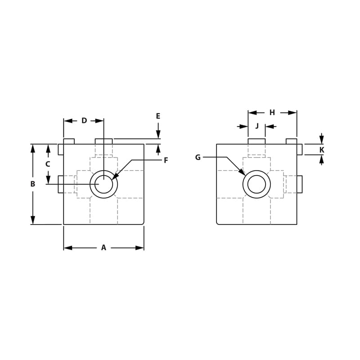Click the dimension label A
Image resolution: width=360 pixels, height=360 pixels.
pyautogui.click(x=103, y=247)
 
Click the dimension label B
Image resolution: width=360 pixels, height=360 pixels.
pyautogui.click(x=32, y=184)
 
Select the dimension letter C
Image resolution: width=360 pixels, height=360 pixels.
pyautogui.click(x=48, y=164)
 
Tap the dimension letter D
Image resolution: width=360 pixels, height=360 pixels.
pyautogui.click(x=84, y=121)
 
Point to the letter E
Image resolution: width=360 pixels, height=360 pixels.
pyautogui.click(x=158, y=116)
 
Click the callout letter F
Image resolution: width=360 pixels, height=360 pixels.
pyautogui.click(x=166, y=160)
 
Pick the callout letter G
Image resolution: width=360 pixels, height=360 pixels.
pyautogui.click(x=198, y=157)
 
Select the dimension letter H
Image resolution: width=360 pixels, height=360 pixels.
pyautogui.click(x=272, y=112)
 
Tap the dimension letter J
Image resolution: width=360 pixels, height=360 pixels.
pyautogui.click(x=257, y=126)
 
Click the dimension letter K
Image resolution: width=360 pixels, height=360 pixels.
pyautogui.click(x=321, y=150)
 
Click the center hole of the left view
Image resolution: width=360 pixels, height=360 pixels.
pyautogui.click(x=103, y=184)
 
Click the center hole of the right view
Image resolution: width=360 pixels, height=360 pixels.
pyautogui.click(x=256, y=184)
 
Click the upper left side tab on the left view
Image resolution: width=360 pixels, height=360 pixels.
pyautogui.click(x=61, y=149)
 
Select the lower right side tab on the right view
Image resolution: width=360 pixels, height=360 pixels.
pyautogui.click(x=299, y=184)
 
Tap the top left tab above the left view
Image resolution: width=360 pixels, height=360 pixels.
pyautogui.click(x=69, y=141)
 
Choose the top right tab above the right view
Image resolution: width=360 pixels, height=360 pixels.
pyautogui.click(x=291, y=141)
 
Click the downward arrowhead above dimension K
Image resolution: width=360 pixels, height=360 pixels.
pyautogui.click(x=321, y=140)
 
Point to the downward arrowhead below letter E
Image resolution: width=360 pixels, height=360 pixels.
pyautogui.click(x=158, y=135)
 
